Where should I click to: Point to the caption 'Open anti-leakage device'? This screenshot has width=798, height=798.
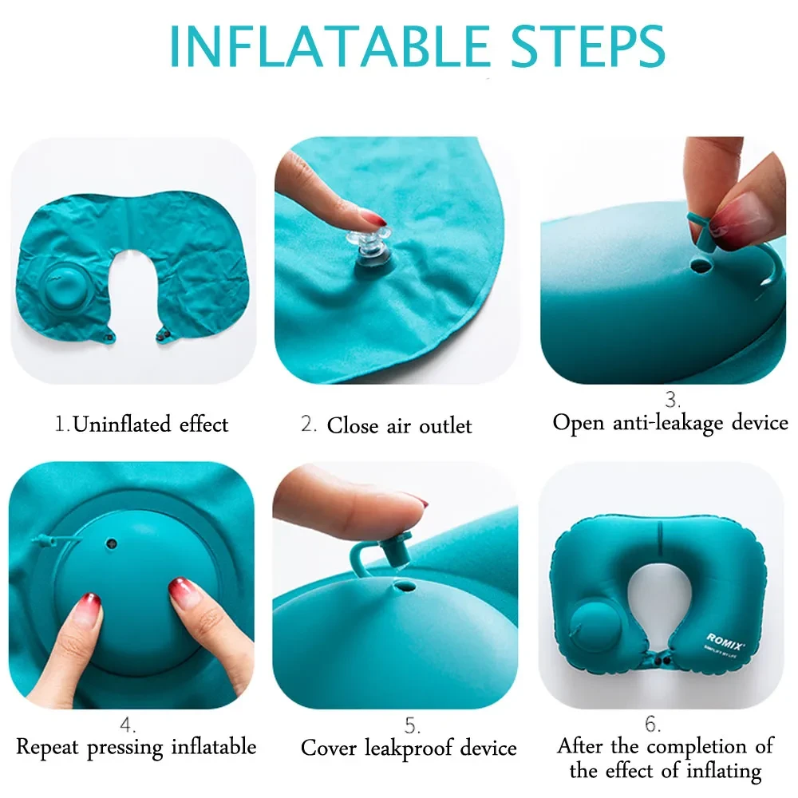tap(670, 422)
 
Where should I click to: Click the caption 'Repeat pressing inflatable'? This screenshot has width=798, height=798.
tap(136, 747)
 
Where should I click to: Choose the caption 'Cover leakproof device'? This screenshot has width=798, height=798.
tap(409, 748)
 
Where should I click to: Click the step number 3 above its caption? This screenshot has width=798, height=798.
tap(673, 399)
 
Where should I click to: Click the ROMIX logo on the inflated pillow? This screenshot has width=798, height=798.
tap(725, 638)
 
